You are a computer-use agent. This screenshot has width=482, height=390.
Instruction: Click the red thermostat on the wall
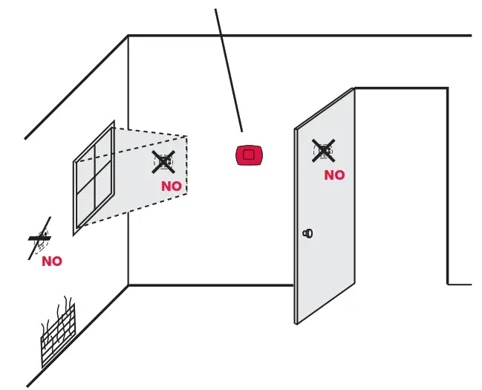click(x=249, y=155)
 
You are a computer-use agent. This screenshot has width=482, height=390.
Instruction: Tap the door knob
click(x=307, y=233)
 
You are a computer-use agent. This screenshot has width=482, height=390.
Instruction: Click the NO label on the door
click(x=334, y=175)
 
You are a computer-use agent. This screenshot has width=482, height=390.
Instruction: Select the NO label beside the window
click(x=172, y=186)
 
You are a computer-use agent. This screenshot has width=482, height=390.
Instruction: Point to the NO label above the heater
click(x=52, y=261)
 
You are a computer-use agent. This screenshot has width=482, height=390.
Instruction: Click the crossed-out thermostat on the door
click(x=323, y=151)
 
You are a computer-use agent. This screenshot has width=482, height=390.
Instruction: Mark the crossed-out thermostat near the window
click(x=163, y=161)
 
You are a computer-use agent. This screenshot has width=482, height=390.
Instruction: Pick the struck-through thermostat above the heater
click(x=40, y=239)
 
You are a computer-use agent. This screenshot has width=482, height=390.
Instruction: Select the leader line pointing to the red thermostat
click(x=229, y=71)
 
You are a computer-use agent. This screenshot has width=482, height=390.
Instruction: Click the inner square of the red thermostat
click(x=249, y=155)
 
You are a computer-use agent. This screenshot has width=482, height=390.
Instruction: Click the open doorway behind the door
click(x=401, y=186)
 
